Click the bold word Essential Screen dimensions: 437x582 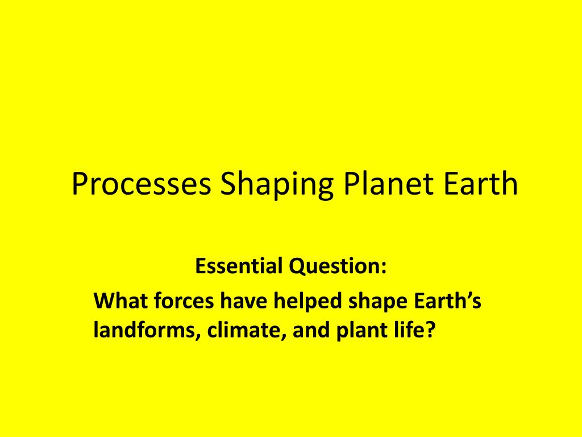239,266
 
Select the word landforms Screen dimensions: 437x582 142,331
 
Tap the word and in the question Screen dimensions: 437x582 310,331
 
